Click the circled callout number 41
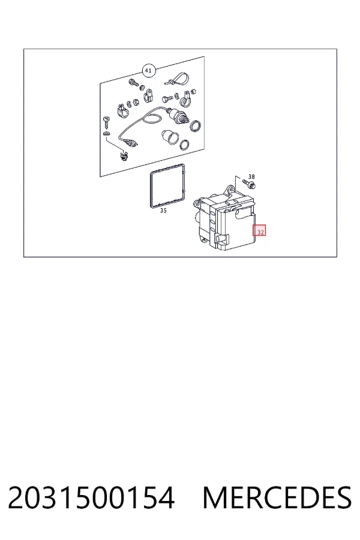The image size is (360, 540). [x=148, y=71]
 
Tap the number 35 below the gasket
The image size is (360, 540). [x=163, y=211]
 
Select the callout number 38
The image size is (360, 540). [x=251, y=176]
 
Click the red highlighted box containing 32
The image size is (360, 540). [x=259, y=230]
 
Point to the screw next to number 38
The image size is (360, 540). [x=250, y=184]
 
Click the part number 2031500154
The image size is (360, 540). [x=91, y=497]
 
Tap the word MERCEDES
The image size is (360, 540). [x=277, y=497]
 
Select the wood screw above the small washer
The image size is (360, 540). [x=106, y=122]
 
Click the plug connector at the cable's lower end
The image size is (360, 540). [x=129, y=142]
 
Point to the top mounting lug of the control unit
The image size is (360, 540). [x=229, y=189]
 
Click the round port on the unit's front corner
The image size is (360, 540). [x=220, y=238]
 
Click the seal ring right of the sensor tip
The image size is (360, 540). [x=196, y=126]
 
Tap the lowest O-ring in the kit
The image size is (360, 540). [x=185, y=145]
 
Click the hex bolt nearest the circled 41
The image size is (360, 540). [x=133, y=82]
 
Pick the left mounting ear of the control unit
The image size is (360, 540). [x=197, y=203]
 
